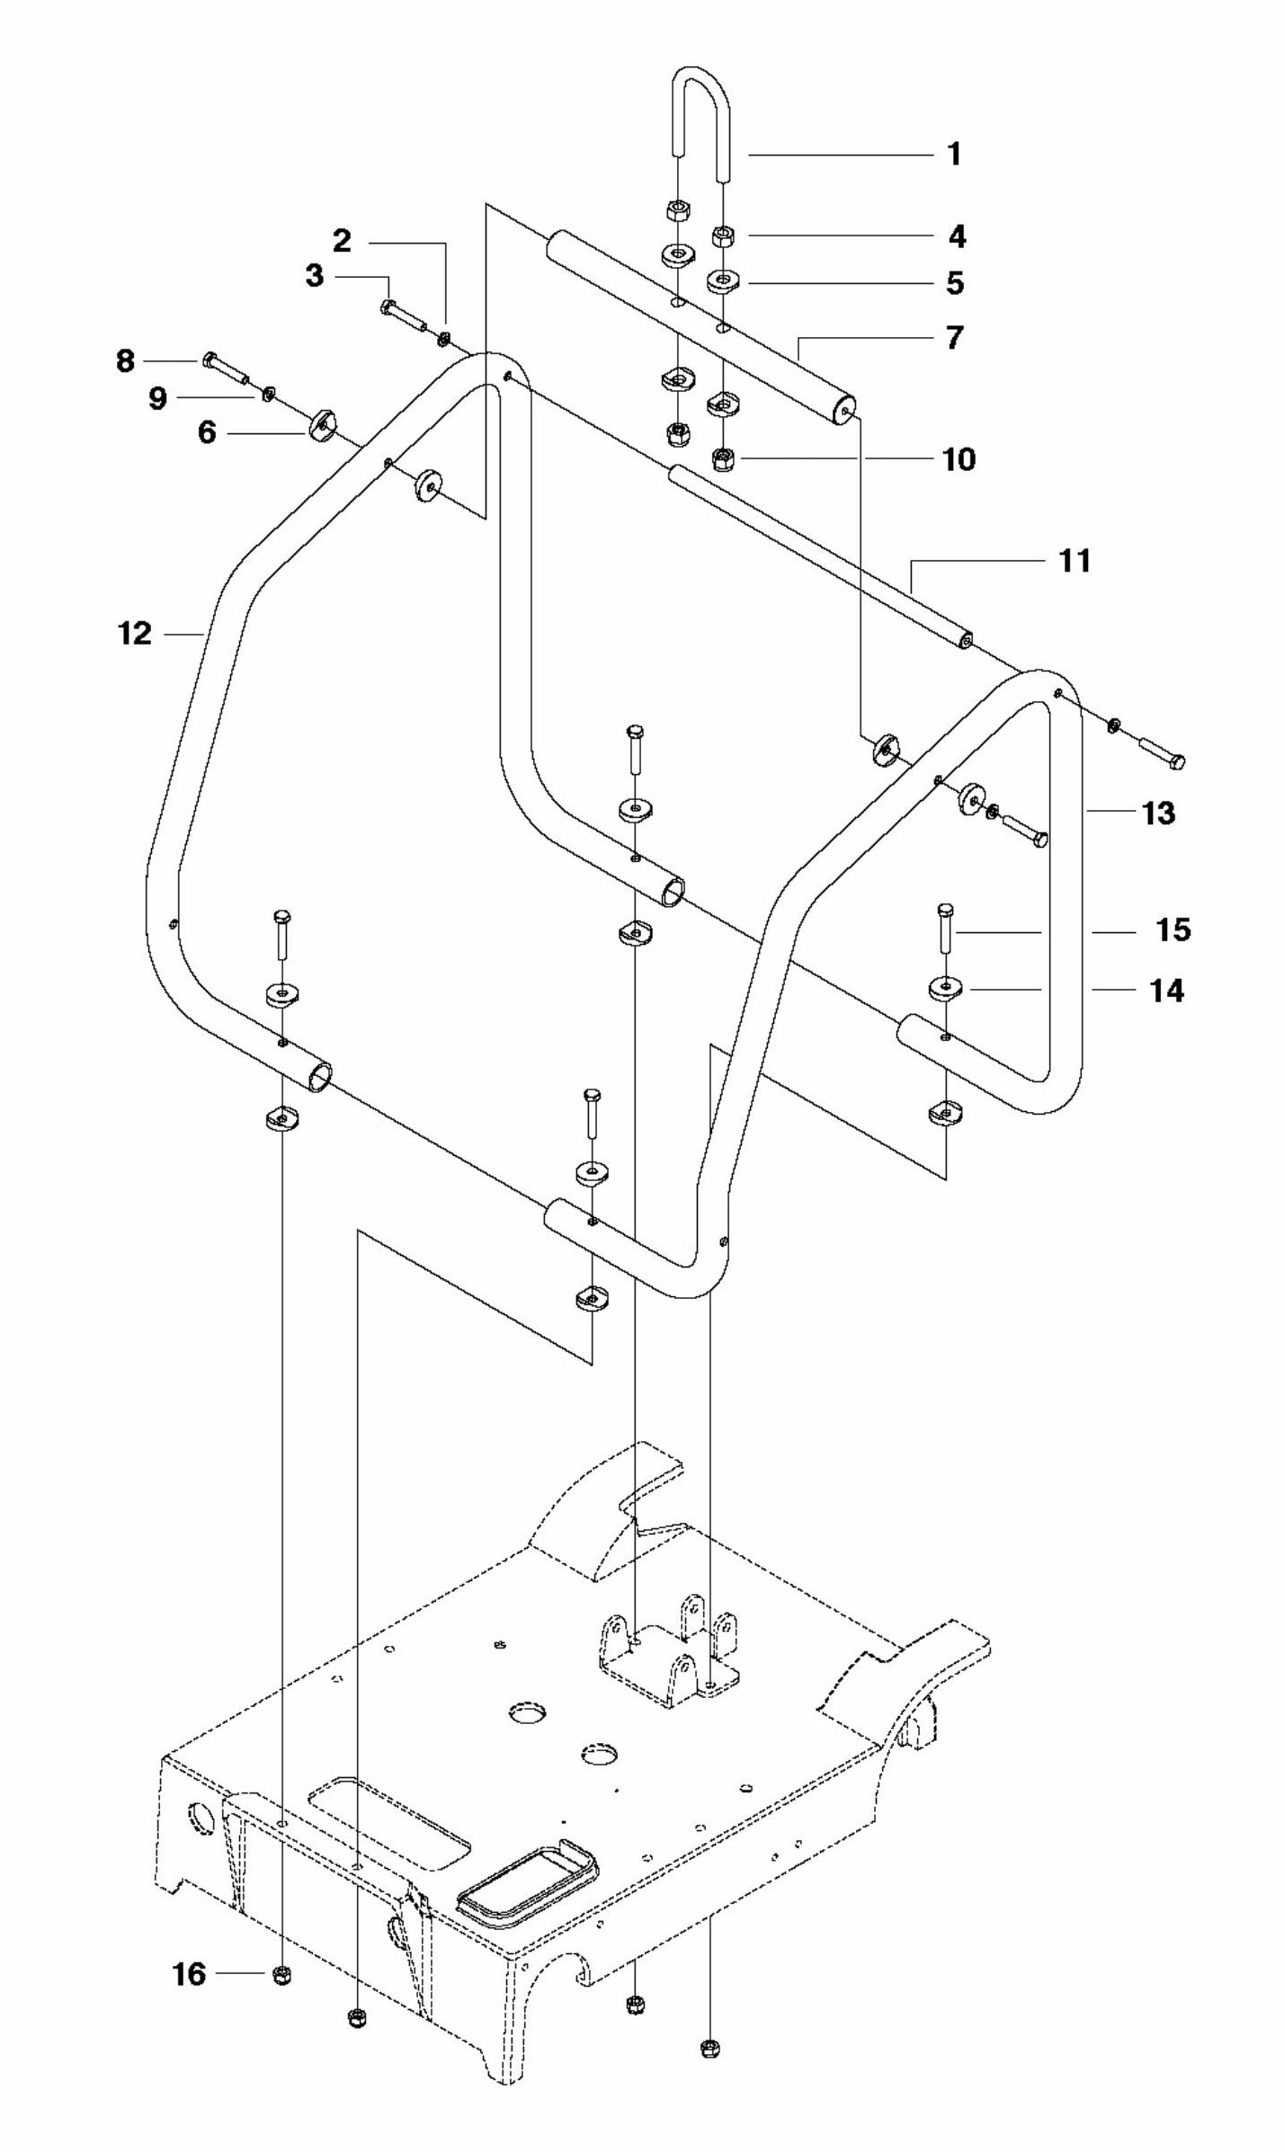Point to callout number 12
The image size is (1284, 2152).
(135, 634)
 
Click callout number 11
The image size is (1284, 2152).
(1074, 561)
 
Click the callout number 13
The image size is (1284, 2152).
(1158, 813)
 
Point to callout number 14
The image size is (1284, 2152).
(1167, 991)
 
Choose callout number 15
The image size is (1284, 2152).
(1173, 929)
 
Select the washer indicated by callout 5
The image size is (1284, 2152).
(723, 282)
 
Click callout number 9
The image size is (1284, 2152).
(157, 397)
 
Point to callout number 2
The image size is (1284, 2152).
(342, 241)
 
